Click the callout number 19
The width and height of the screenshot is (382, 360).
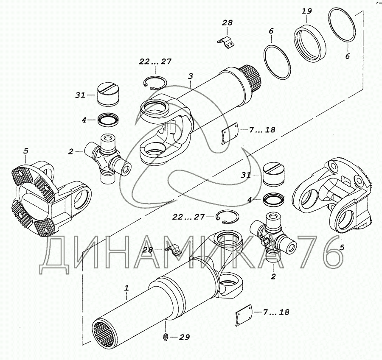point(306,11)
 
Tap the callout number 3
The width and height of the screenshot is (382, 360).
point(191,76)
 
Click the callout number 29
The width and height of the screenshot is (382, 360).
point(184,338)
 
